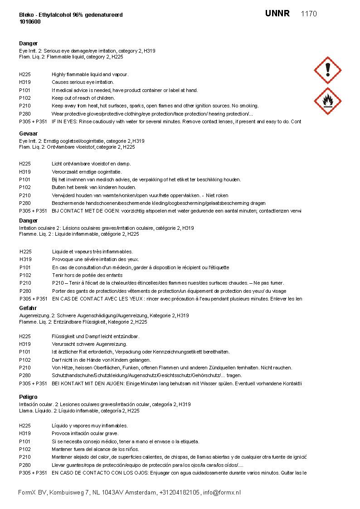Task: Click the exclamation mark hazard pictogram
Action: [327, 70]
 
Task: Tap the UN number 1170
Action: [309, 14]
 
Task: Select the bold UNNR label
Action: [277, 14]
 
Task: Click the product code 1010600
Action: [30, 21]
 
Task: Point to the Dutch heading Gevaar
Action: [28, 134]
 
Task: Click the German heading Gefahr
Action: [28, 308]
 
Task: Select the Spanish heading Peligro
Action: [28, 397]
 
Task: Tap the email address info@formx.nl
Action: [222, 492]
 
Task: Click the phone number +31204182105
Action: [180, 492]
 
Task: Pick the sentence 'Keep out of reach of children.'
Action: [83, 98]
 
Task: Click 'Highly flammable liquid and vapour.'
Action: [90, 74]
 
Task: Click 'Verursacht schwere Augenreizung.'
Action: [89, 344]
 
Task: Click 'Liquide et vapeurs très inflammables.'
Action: [92, 252]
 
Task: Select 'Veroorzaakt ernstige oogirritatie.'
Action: [87, 172]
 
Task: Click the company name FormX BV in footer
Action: [32, 492]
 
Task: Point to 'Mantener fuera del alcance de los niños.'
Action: [95, 449]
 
